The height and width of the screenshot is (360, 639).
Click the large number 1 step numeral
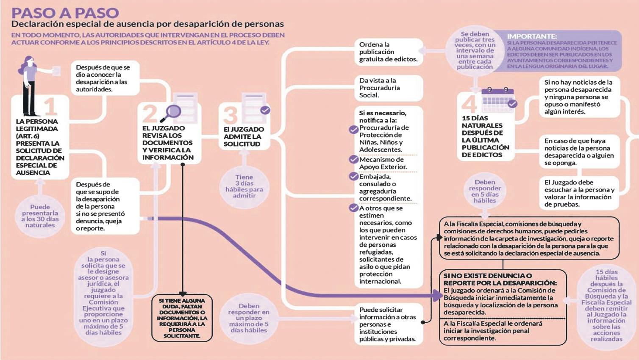pyautogui.click(x=50, y=107)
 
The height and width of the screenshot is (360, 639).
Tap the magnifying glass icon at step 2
pyautogui.click(x=172, y=112)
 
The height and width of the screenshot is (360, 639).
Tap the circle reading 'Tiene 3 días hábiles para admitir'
pyautogui.click(x=244, y=186)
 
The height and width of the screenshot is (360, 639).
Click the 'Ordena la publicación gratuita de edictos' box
pyautogui.click(x=388, y=52)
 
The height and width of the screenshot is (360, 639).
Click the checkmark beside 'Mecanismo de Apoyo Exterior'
pyautogui.click(x=353, y=160)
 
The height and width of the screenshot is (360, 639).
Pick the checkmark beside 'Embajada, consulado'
pyautogui.click(x=353, y=177)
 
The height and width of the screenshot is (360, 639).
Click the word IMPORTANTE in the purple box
pyautogui.click(x=532, y=36)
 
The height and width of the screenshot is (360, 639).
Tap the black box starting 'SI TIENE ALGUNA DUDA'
pyautogui.click(x=182, y=318)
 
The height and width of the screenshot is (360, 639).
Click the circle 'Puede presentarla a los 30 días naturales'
pyautogui.click(x=40, y=216)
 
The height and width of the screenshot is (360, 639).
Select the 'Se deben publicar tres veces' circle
pyautogui.click(x=475, y=50)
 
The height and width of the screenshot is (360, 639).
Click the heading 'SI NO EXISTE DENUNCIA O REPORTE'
pyautogui.click(x=500, y=279)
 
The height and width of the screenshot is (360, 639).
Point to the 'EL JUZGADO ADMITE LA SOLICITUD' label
pyautogui.click(x=243, y=136)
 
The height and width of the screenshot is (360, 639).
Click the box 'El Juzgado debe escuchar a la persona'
pyautogui.click(x=579, y=193)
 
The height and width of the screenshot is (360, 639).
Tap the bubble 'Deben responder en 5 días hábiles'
pyautogui.click(x=485, y=191)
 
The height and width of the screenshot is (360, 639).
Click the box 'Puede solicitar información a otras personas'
pyautogui.click(x=387, y=324)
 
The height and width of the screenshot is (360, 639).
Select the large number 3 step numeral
pyautogui.click(x=230, y=115)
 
